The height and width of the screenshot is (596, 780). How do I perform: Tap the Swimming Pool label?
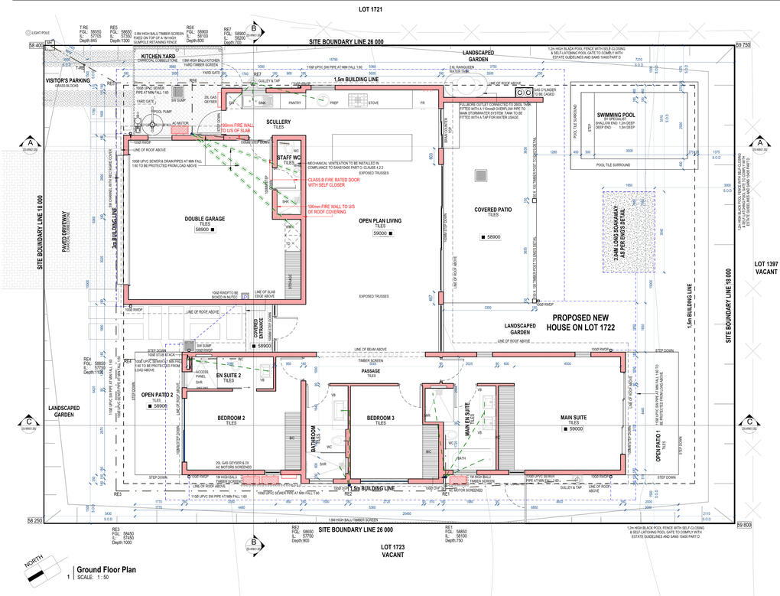[x=619, y=117]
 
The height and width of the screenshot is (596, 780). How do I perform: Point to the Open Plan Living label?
[x=380, y=221]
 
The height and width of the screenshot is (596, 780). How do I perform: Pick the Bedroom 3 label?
[x=380, y=418]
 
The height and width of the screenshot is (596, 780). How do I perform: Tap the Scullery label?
[x=278, y=122]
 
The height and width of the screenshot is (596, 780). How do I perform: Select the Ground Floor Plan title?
[x=106, y=569]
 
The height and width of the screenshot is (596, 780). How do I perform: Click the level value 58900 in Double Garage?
[x=203, y=230]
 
